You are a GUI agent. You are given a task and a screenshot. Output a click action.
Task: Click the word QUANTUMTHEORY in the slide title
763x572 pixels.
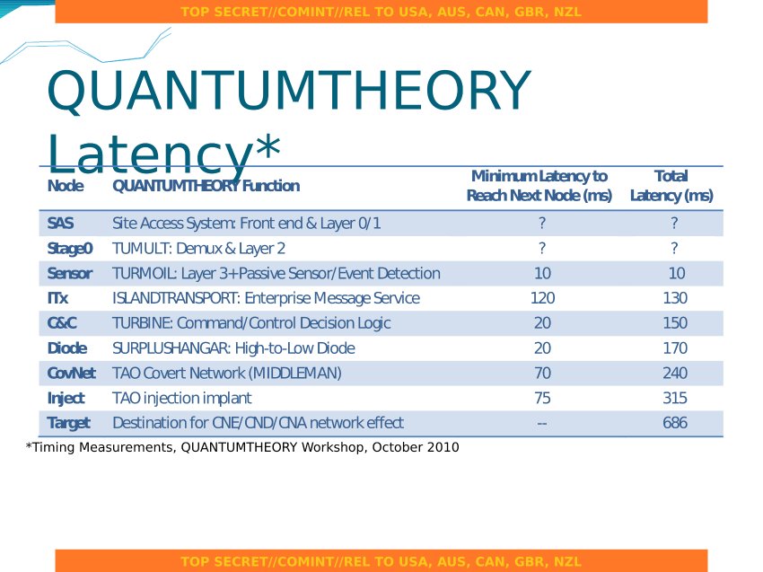click(289, 91)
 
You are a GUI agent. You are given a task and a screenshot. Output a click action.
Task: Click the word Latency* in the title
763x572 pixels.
click(164, 154)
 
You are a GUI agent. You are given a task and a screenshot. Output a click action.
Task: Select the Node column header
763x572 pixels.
click(66, 186)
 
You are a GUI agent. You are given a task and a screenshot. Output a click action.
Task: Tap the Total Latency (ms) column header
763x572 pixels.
click(671, 186)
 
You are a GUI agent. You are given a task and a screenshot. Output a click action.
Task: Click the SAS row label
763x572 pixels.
click(60, 223)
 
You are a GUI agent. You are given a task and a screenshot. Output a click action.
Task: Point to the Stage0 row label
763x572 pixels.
click(70, 248)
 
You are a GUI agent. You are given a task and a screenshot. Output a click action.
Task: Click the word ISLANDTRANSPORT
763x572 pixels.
click(176, 298)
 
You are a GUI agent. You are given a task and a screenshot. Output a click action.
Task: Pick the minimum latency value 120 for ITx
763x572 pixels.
click(542, 298)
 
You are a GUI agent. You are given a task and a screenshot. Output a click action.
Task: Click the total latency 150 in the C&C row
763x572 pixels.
click(675, 322)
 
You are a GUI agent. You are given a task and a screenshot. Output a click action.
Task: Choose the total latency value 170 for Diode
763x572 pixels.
click(675, 348)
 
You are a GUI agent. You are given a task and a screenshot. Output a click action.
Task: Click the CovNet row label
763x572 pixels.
click(71, 373)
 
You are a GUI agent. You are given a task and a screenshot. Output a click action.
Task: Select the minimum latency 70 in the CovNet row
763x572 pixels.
click(542, 373)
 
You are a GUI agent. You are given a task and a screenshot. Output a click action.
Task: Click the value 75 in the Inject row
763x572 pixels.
click(542, 398)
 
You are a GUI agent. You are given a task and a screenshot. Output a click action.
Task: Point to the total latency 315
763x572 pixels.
click(675, 398)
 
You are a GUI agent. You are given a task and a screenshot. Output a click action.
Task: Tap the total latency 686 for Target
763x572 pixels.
click(675, 423)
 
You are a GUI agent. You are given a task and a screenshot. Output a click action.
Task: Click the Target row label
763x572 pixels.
click(68, 423)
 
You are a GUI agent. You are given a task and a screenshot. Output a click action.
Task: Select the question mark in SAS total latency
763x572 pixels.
click(674, 223)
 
